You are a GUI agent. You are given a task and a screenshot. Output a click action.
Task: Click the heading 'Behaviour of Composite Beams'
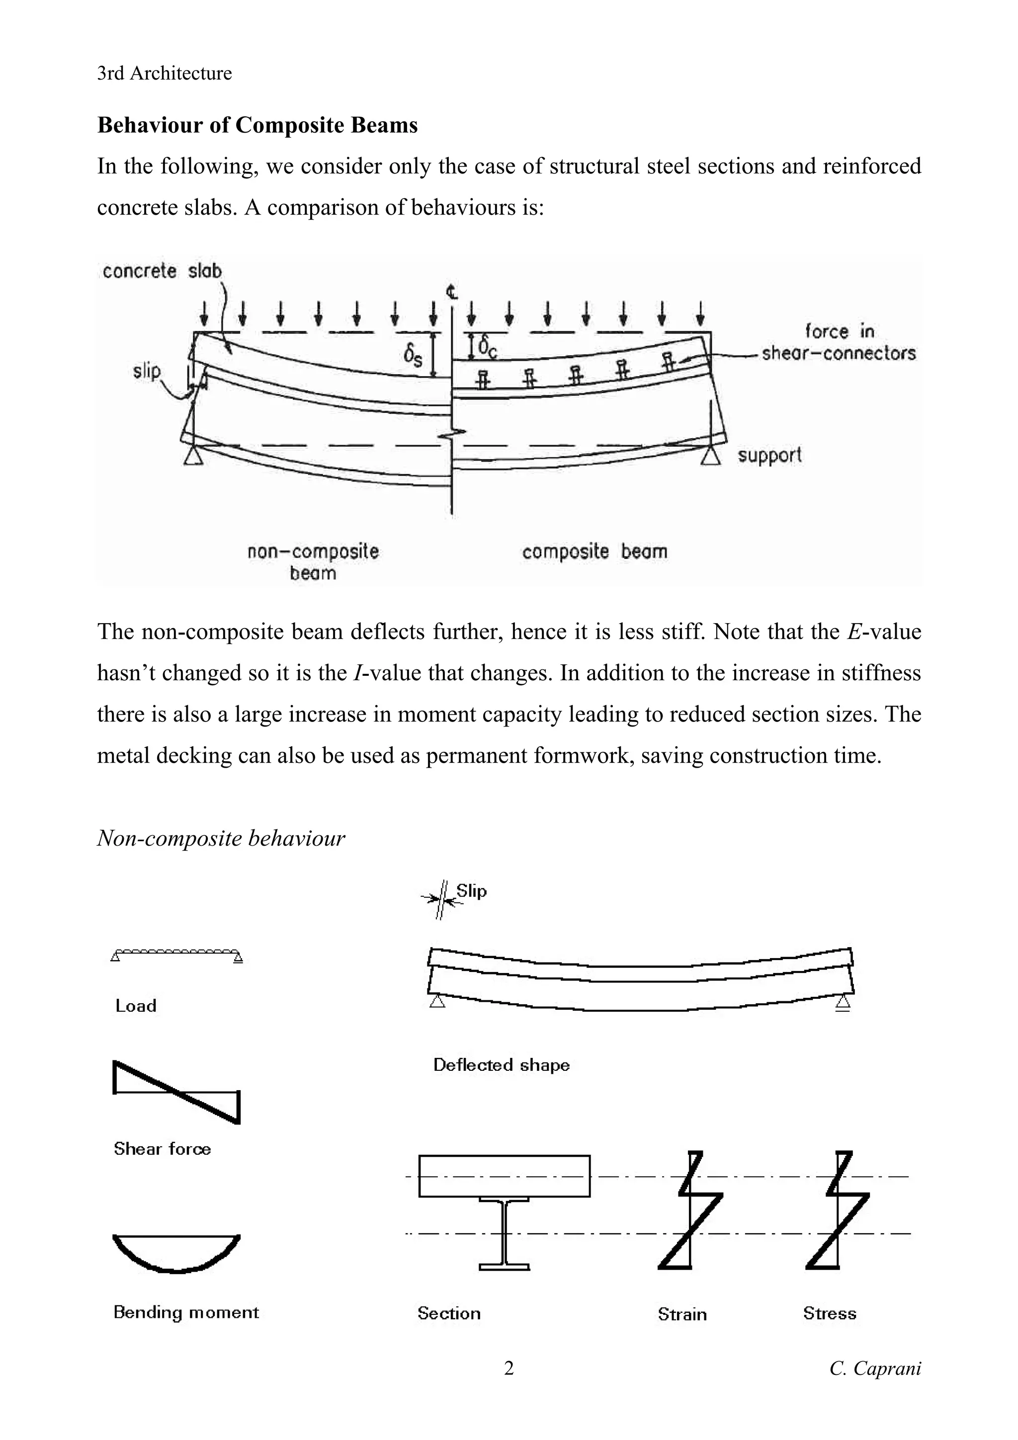(x=257, y=125)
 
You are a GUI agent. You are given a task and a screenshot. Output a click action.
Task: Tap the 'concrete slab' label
(x=162, y=271)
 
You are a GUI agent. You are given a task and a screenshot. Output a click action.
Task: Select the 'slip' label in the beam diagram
(x=147, y=371)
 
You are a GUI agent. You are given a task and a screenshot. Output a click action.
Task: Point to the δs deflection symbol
(x=413, y=356)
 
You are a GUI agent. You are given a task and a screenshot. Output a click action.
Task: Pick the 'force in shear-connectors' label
(x=839, y=342)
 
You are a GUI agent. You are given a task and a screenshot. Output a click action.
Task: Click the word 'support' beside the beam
(x=769, y=455)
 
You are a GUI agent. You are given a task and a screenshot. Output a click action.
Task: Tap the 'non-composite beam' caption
(x=313, y=562)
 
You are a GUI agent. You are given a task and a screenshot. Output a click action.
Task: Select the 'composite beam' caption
(x=594, y=552)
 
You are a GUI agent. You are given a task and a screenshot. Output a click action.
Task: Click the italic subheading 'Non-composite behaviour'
(x=221, y=839)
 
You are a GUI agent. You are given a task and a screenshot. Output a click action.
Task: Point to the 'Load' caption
(x=136, y=1006)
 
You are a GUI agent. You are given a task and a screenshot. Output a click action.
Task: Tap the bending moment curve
(x=176, y=1254)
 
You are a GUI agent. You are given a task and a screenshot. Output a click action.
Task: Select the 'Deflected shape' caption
(x=501, y=1065)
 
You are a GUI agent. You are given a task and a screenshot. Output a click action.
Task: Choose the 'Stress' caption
(x=829, y=1314)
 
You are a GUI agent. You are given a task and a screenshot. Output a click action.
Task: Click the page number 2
(x=509, y=1368)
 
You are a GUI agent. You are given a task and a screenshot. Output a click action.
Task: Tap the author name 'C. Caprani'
(x=875, y=1368)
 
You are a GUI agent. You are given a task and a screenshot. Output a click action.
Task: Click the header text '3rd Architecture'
(x=165, y=74)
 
